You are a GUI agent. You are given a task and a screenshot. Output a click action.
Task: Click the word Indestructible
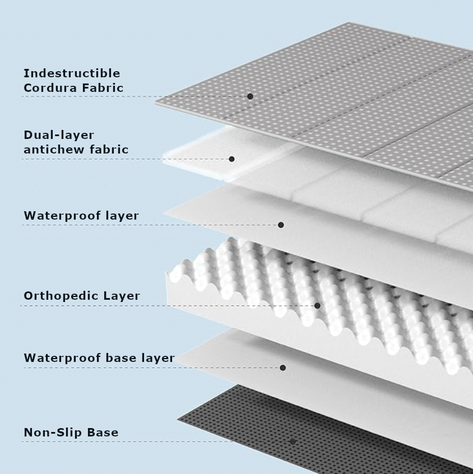pyautogui.click(x=72, y=73)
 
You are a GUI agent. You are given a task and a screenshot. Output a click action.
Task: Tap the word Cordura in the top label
pyautogui.click(x=50, y=88)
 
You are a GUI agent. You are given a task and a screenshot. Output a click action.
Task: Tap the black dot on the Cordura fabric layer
pyautogui.click(x=250, y=96)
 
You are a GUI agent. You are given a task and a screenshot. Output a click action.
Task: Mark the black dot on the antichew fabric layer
pyautogui.click(x=231, y=159)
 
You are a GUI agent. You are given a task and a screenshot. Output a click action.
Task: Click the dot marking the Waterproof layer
pyautogui.click(x=281, y=225)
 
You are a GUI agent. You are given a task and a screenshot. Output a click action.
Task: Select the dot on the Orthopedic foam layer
pyautogui.click(x=317, y=305)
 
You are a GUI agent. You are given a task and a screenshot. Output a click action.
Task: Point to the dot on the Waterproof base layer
pyautogui.click(x=283, y=368)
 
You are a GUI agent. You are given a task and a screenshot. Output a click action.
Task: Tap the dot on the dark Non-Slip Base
pyautogui.click(x=292, y=442)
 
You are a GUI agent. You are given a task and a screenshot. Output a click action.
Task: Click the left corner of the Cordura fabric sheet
pyautogui.click(x=156, y=102)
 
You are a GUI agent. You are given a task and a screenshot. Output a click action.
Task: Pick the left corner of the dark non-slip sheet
pyautogui.click(x=178, y=419)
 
